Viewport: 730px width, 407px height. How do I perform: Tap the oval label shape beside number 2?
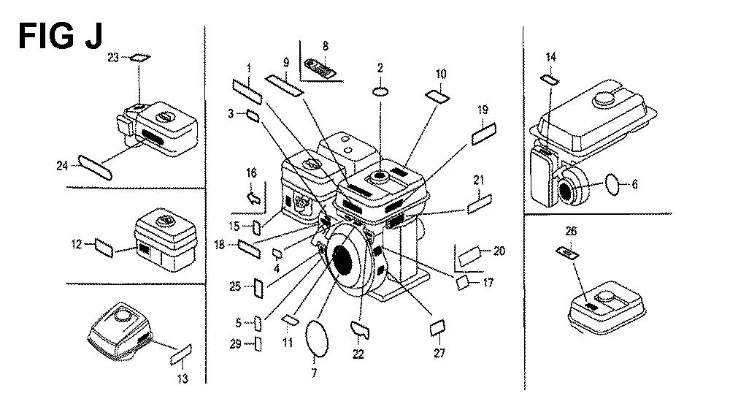pyautogui.click(x=380, y=93)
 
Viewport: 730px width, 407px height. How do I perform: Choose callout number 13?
pyautogui.click(x=182, y=378)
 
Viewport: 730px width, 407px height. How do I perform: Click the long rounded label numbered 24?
pyautogui.click(x=98, y=165)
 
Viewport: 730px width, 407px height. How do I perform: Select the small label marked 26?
pyautogui.click(x=568, y=252)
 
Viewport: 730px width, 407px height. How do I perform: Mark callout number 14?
pyautogui.click(x=550, y=56)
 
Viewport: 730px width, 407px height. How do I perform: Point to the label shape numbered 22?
pyautogui.click(x=359, y=331)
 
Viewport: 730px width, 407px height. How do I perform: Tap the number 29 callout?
pyautogui.click(x=235, y=344)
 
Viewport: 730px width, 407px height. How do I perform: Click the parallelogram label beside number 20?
pyautogui.click(x=471, y=256)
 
